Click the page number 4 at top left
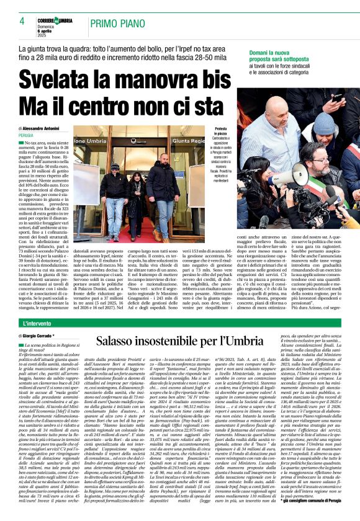tap(22, 20)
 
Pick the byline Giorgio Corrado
tap(47, 336)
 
